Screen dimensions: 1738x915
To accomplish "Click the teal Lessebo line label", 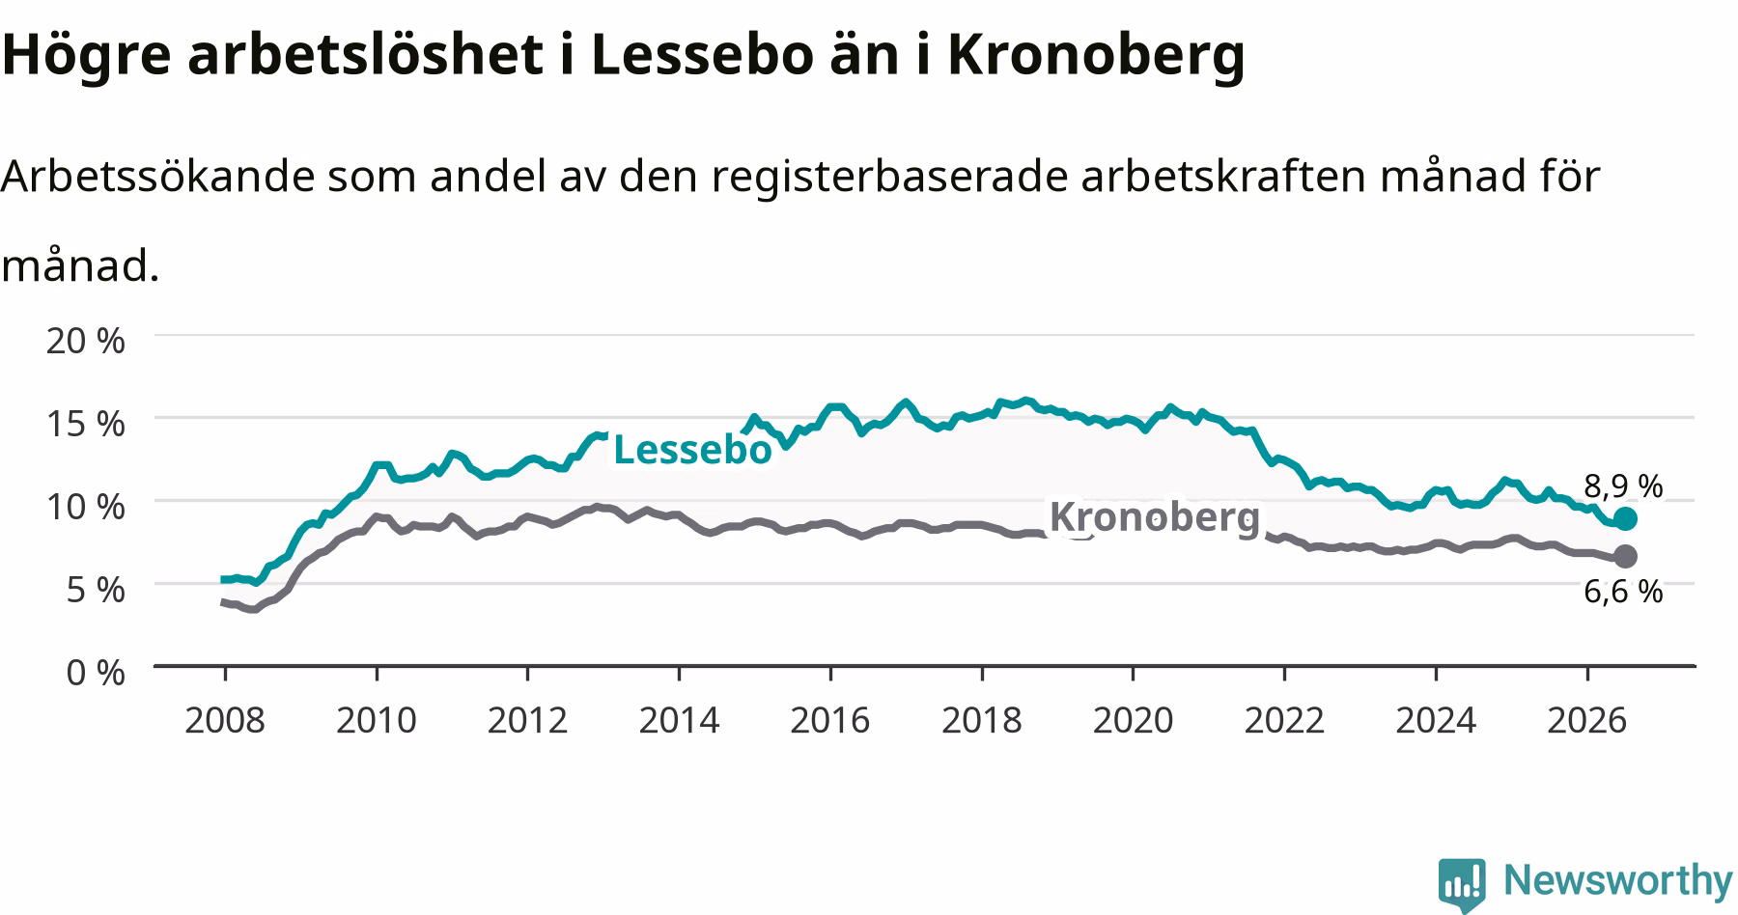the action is click(692, 450).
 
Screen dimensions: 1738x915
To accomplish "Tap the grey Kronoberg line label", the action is click(1155, 517).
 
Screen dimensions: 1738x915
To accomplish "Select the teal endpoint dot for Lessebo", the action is click(1625, 519).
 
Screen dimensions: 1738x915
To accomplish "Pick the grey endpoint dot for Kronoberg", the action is click(1625, 556).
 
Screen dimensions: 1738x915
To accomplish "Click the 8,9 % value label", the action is click(1623, 485).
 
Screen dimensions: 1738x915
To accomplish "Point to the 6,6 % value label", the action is click(1623, 591).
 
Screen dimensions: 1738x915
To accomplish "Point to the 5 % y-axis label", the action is click(96, 589).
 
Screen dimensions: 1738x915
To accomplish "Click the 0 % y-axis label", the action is click(96, 672).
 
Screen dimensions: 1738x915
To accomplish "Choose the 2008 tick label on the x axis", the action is click(225, 720).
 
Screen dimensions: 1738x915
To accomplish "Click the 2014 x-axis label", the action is click(679, 720).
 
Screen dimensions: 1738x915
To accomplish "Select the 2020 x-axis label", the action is click(1134, 720).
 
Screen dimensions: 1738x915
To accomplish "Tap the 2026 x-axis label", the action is click(1587, 720).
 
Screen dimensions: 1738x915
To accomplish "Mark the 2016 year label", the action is click(830, 720).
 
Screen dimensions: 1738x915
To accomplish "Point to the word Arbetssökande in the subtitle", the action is click(157, 177).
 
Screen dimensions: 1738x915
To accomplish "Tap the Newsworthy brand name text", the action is click(1618, 880).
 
